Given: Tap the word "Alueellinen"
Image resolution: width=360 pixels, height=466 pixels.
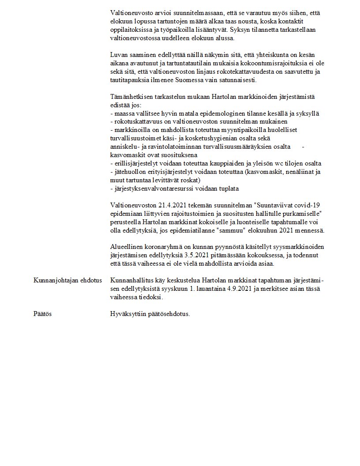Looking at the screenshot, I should click(127, 248).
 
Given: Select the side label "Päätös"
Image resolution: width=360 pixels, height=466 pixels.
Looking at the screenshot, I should click(43, 315).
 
